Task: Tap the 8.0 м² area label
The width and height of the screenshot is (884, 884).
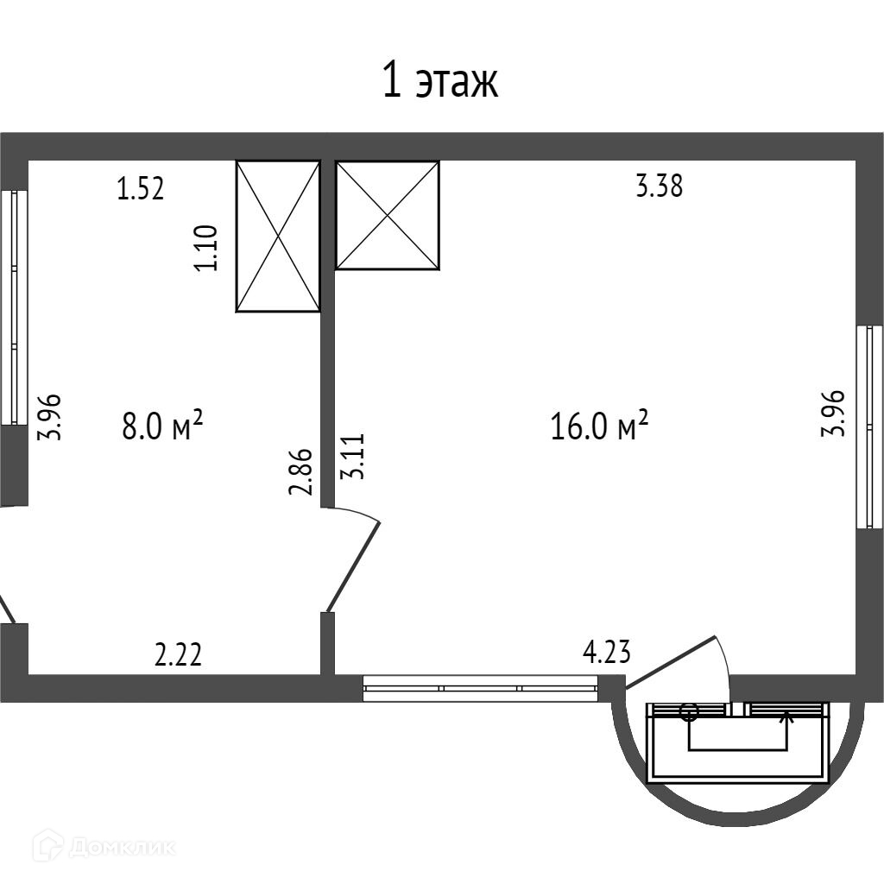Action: click(x=161, y=426)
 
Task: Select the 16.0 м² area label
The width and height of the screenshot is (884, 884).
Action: click(x=599, y=426)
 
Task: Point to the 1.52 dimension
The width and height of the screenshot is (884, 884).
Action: click(x=141, y=188)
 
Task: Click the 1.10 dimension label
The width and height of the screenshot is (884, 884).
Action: click(x=207, y=248)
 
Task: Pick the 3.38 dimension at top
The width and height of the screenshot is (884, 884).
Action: click(x=659, y=186)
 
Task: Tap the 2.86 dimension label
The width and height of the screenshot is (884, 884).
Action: click(x=300, y=472)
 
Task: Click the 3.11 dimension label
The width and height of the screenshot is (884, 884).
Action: click(x=353, y=457)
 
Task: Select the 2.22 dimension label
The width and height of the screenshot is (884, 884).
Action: click(x=178, y=655)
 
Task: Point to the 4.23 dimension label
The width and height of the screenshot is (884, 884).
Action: click(x=607, y=651)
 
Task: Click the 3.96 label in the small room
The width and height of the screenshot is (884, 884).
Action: click(x=48, y=417)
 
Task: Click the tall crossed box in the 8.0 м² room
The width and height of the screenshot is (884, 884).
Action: click(x=278, y=237)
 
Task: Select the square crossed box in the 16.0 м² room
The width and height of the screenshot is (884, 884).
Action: click(x=388, y=215)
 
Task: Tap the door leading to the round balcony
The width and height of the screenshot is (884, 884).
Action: click(x=671, y=662)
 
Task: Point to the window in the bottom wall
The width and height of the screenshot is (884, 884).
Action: click(x=480, y=688)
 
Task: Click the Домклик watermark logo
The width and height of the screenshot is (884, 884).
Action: click(x=104, y=847)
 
